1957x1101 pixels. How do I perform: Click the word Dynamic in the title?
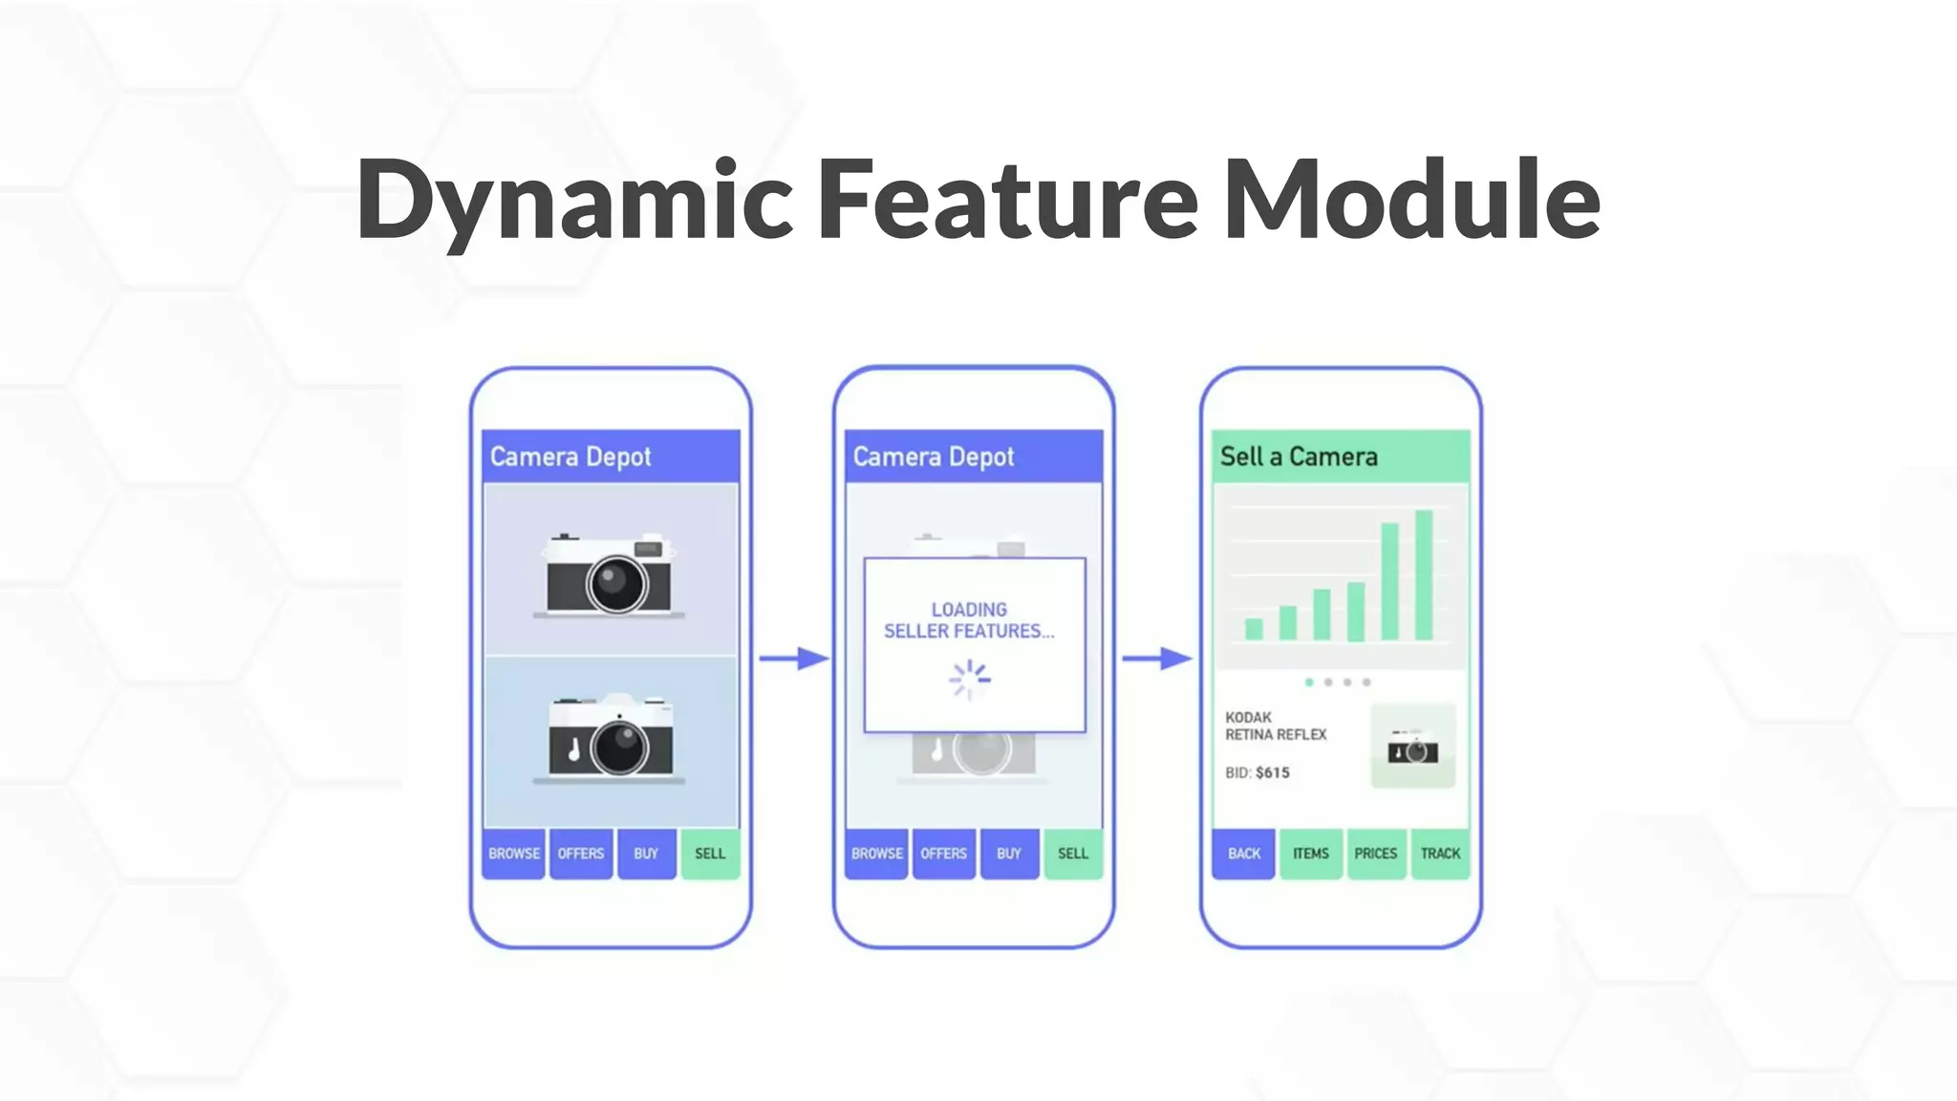[x=573, y=201]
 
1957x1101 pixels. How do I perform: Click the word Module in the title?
[x=1411, y=201]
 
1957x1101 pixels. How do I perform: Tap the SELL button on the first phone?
[x=709, y=853]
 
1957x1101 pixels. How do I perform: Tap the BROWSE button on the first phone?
[x=514, y=853]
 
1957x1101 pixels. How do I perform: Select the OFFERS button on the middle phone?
[x=943, y=853]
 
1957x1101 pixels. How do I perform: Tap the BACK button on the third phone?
[x=1243, y=853]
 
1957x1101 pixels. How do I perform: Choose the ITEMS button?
[x=1310, y=853]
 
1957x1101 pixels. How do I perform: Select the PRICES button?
[x=1375, y=853]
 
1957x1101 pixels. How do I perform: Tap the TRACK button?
[x=1440, y=853]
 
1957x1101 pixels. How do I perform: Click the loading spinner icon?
[x=970, y=680]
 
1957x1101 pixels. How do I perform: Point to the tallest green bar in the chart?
[x=1424, y=575]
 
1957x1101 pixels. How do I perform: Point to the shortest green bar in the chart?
[x=1254, y=629]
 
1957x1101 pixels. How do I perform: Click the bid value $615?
[x=1272, y=772]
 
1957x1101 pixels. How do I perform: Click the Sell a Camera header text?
[x=1299, y=457]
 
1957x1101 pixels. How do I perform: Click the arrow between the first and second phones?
[x=793, y=658]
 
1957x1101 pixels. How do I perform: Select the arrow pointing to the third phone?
[x=1157, y=658]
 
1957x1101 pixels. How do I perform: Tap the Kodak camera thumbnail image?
[x=1412, y=747]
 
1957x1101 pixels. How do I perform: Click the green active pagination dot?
[x=1309, y=682]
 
